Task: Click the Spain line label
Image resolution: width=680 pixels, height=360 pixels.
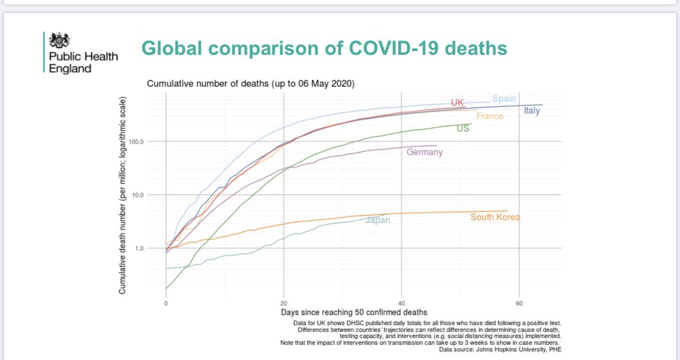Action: [x=504, y=99]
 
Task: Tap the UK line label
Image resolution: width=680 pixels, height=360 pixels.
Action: [x=457, y=103]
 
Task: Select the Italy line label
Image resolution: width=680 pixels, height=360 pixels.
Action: [x=532, y=111]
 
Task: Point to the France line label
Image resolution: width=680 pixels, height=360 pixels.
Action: [x=490, y=116]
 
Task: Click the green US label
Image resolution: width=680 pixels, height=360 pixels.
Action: [x=462, y=129]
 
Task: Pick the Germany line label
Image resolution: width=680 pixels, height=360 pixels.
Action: [x=424, y=152]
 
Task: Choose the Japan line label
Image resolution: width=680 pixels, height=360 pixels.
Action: [x=377, y=220]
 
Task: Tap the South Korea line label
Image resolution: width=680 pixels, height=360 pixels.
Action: [x=495, y=217]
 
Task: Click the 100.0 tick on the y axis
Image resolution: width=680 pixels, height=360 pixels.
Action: [x=137, y=141]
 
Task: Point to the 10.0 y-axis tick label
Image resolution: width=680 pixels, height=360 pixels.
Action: [x=138, y=195]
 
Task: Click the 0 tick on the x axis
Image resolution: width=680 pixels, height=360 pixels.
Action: [x=165, y=303]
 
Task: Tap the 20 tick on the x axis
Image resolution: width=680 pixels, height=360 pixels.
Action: [x=283, y=303]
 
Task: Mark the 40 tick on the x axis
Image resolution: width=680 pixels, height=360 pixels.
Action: [x=401, y=303]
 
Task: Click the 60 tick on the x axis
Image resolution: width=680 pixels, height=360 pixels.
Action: [x=519, y=303]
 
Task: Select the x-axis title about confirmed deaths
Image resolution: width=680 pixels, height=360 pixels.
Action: [x=354, y=312]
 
